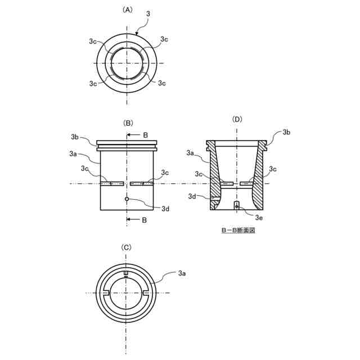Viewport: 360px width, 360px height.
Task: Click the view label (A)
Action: tap(128, 10)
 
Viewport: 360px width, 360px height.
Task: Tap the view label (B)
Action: tap(128, 123)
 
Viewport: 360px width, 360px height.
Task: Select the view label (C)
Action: tap(126, 247)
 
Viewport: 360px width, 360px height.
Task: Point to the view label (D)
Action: tap(237, 119)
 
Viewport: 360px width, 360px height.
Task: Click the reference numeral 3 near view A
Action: tap(148, 13)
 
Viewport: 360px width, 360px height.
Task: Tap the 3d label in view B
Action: tap(165, 209)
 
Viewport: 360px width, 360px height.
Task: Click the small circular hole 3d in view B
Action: tap(127, 199)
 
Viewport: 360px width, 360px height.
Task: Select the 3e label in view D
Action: tap(259, 218)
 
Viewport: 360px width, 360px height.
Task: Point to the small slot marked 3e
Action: tap(237, 205)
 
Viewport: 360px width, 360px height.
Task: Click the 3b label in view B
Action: tap(75, 137)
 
